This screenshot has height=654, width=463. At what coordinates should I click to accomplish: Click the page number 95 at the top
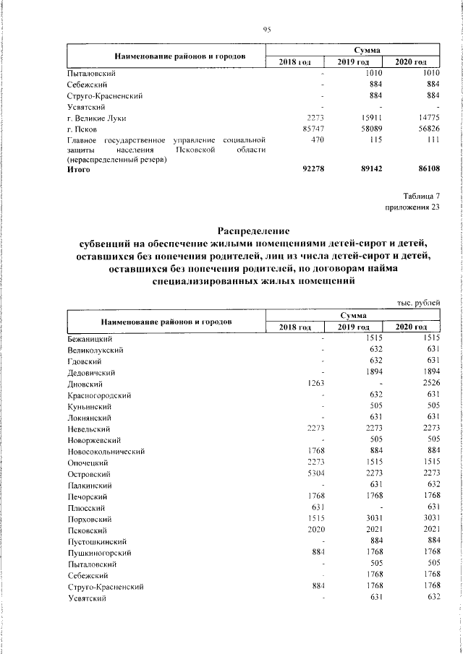pyautogui.click(x=266, y=29)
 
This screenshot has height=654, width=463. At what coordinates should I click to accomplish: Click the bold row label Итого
pyautogui.click(x=78, y=170)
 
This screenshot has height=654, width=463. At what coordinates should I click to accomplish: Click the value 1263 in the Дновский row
pyautogui.click(x=318, y=384)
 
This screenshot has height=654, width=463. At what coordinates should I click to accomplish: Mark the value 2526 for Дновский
pyautogui.click(x=428, y=384)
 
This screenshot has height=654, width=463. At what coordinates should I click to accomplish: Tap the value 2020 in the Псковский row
pyautogui.click(x=318, y=530)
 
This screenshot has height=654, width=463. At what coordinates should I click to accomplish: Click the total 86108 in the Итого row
pyautogui.click(x=423, y=170)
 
